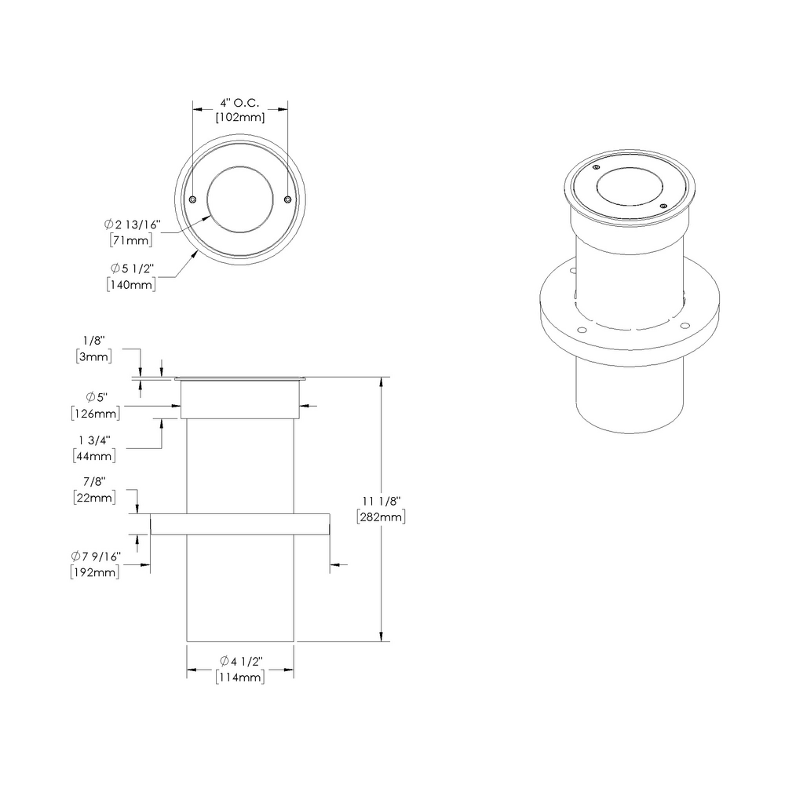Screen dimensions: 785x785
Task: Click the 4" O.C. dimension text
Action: [240, 103]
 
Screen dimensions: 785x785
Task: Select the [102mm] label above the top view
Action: [240, 118]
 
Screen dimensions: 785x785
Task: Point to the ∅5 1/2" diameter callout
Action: [130, 269]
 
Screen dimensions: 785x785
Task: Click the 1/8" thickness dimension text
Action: [93, 341]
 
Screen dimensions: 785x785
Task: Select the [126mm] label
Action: [95, 412]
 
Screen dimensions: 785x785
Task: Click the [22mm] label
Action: [93, 497]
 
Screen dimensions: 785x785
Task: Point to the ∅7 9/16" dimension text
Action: [95, 557]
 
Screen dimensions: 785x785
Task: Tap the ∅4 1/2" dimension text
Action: [240, 660]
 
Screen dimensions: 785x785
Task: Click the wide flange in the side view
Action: [239, 524]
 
